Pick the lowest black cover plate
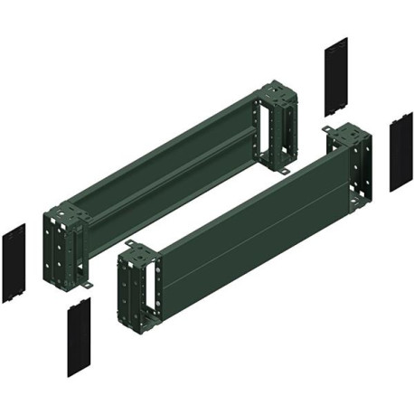tap(79, 338)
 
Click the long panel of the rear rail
tap(172, 163)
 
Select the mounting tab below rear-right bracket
tap(282, 171)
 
